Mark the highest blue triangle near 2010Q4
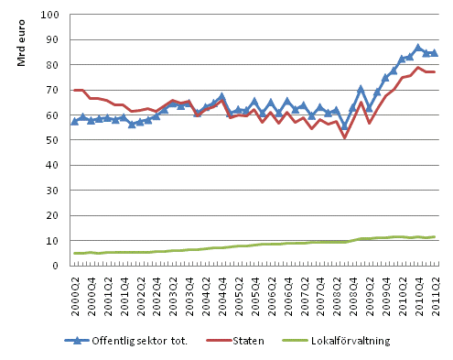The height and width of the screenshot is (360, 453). [418, 48]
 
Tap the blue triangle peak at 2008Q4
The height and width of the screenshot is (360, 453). [361, 89]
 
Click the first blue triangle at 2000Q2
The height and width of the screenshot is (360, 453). [74, 121]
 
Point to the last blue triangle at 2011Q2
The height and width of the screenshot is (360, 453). [434, 53]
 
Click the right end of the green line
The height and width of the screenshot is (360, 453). [434, 236]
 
